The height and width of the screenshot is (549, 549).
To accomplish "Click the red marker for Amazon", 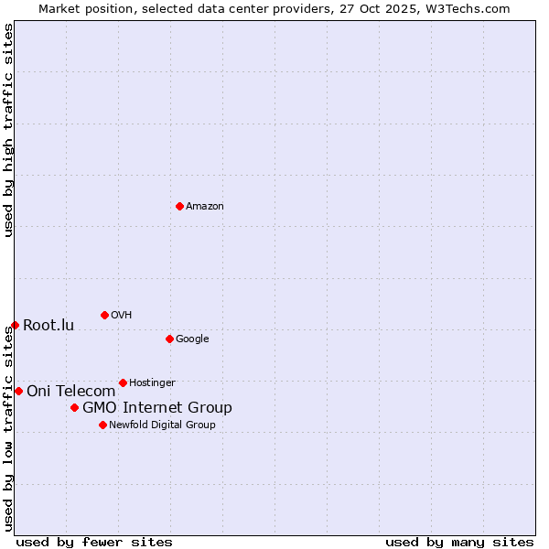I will (x=179, y=206).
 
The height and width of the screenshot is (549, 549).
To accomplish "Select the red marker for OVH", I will (x=104, y=315).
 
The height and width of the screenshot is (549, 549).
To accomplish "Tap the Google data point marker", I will (x=169, y=339).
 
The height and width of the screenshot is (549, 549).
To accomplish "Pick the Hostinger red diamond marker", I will (x=123, y=382).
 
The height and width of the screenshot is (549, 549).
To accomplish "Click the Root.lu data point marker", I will (x=15, y=325).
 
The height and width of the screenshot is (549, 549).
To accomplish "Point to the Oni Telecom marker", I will (x=18, y=391).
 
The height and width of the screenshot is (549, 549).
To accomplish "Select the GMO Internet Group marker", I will (x=74, y=407).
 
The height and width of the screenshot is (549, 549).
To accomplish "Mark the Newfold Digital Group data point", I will (x=102, y=425).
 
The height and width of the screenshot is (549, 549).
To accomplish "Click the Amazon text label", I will (x=205, y=207).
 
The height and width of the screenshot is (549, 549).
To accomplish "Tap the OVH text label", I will (x=122, y=316).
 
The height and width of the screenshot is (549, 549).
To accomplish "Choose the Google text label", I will (x=192, y=339).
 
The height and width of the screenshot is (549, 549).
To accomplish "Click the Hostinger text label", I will (x=152, y=383).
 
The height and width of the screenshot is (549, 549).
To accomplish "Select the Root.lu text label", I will (x=48, y=326).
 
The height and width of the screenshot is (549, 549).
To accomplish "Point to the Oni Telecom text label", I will (x=70, y=392).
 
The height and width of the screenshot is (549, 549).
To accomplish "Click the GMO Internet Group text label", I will (x=157, y=408).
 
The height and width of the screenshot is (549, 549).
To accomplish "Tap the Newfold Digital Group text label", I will (x=162, y=425).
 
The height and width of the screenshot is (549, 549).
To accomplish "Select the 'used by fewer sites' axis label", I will (x=94, y=542).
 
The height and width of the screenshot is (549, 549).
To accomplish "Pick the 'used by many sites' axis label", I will (x=459, y=542).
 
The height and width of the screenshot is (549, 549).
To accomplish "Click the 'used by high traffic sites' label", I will (x=8, y=130).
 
